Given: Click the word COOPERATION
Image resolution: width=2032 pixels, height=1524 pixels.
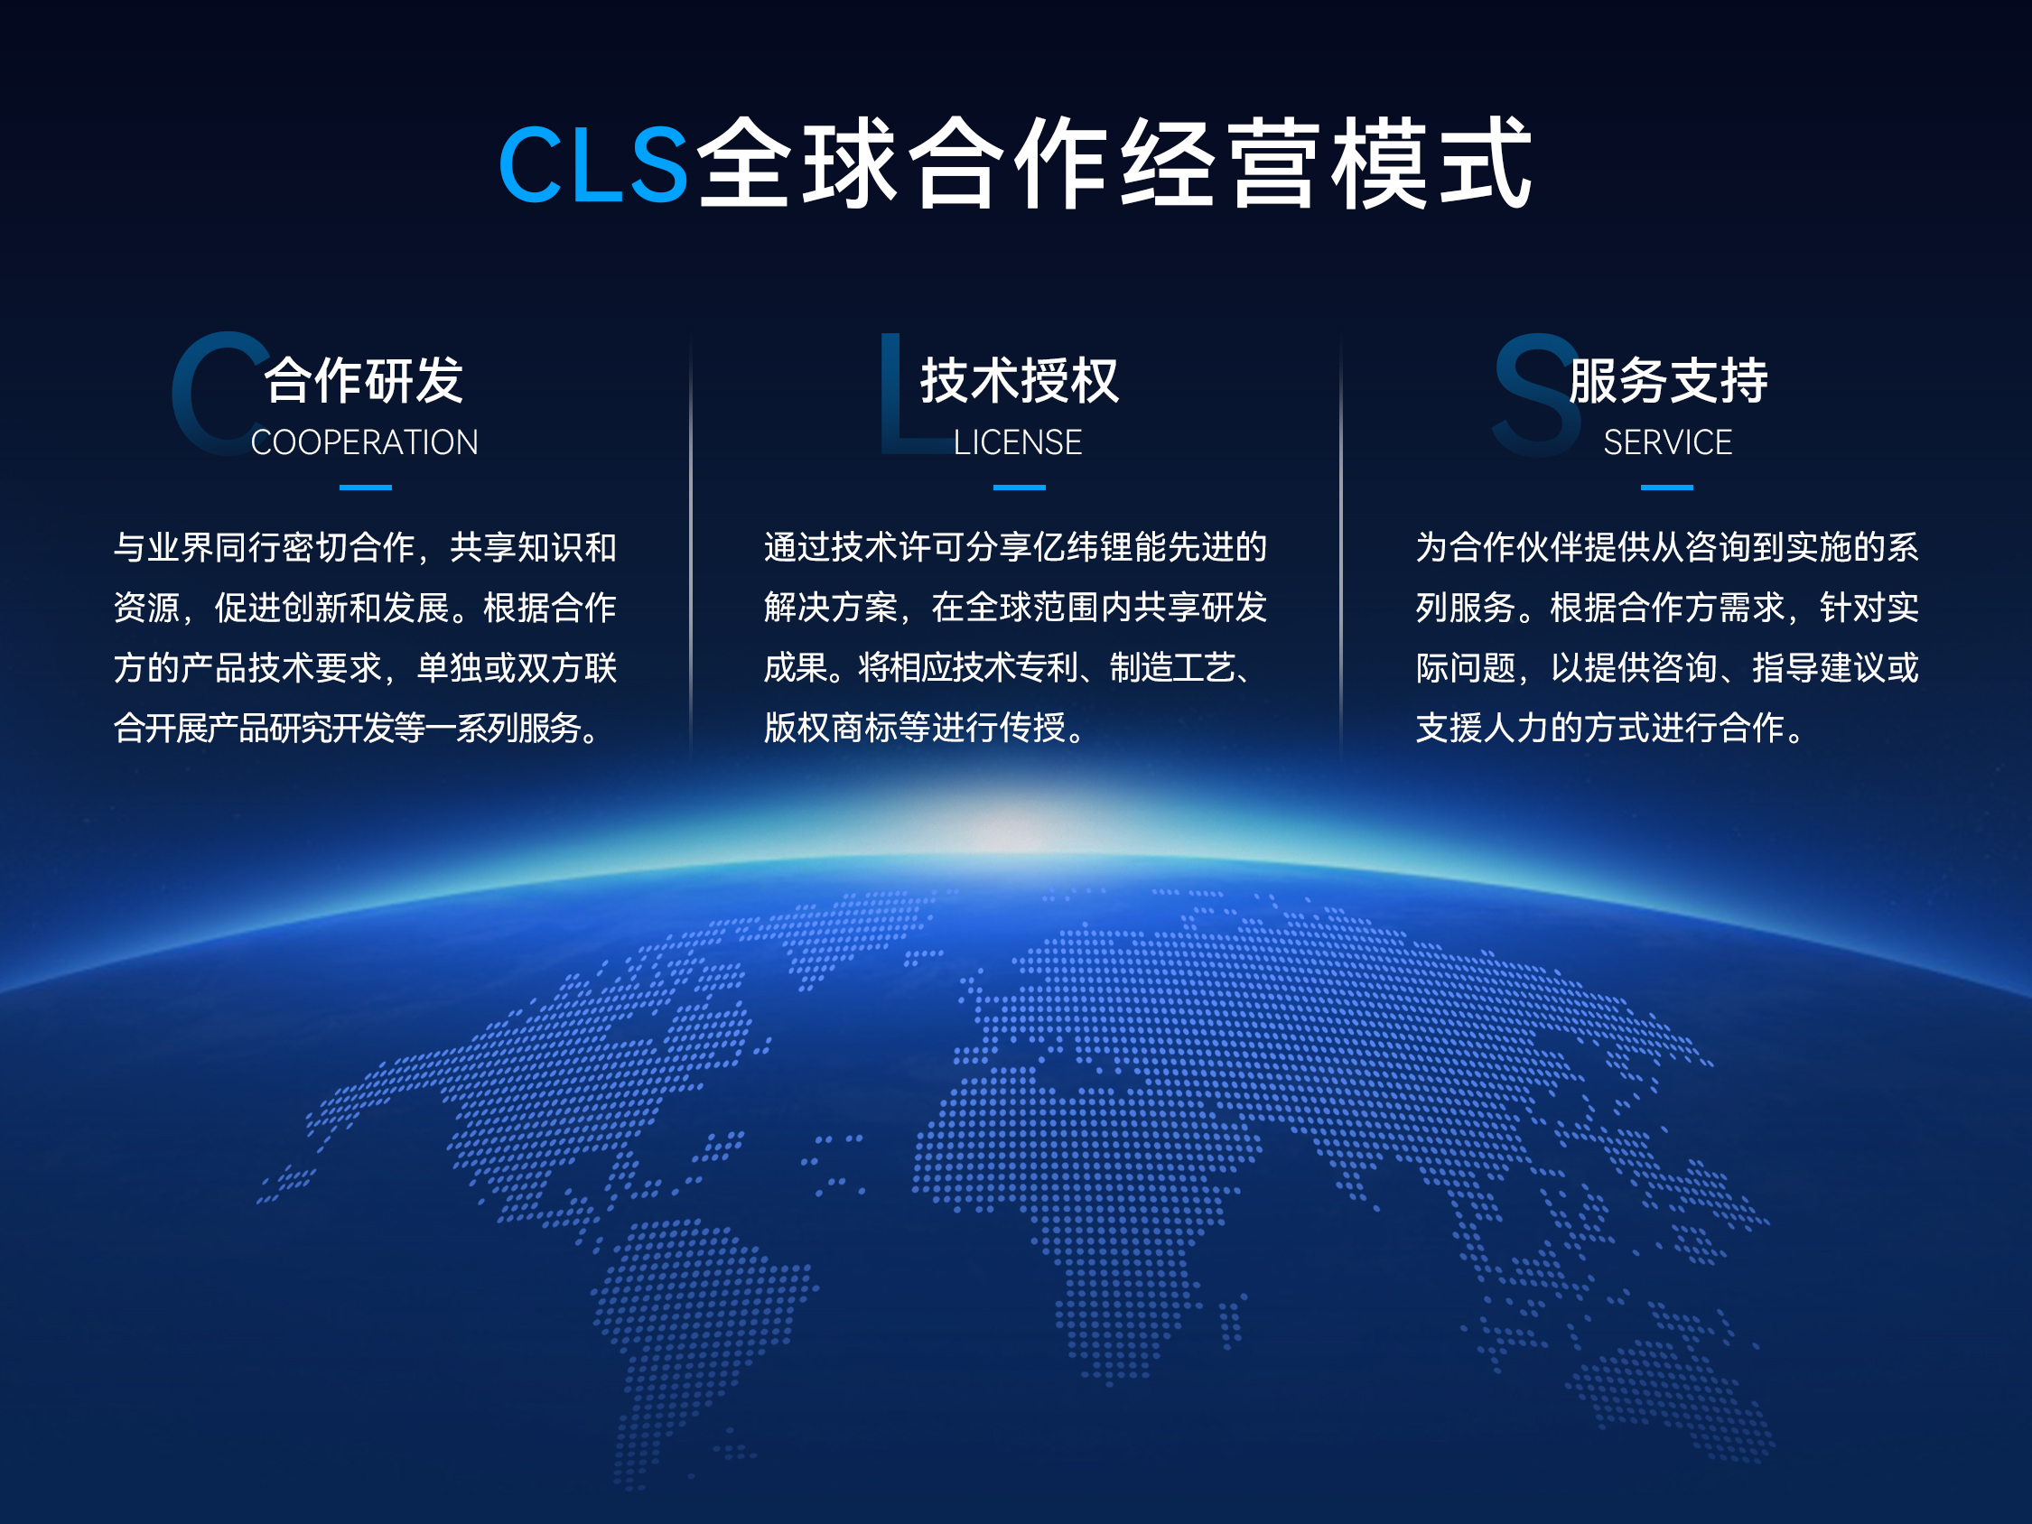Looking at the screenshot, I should click(365, 442).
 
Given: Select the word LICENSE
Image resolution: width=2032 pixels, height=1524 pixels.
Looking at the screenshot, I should click(1018, 442).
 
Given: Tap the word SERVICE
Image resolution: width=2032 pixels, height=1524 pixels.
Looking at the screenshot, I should click(1667, 442).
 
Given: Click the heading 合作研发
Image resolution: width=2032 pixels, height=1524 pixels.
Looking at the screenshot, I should click(365, 380).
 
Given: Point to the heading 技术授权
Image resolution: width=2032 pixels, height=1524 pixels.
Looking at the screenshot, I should click(1020, 380).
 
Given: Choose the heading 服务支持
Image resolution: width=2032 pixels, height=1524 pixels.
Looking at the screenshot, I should click(1668, 380).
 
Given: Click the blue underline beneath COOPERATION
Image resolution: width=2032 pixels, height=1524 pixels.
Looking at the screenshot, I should click(366, 488).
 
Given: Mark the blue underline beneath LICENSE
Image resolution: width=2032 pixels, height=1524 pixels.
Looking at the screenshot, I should click(1020, 488).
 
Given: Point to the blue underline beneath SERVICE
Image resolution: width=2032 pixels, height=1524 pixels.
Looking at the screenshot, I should click(1666, 488).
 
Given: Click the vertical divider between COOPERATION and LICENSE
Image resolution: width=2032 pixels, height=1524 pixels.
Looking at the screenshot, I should click(691, 551).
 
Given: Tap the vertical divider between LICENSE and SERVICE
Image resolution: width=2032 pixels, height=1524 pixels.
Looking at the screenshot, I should click(1340, 551).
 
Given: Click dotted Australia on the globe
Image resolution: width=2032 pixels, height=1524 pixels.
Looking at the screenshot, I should click(1672, 1387).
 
